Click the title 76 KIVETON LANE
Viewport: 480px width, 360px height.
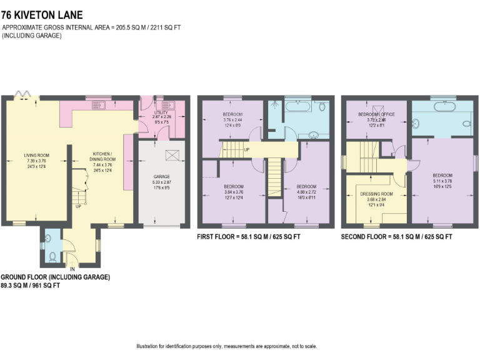tap(42, 14)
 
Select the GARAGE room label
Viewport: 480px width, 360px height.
tap(161, 177)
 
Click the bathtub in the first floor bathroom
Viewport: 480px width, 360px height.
tap(297, 107)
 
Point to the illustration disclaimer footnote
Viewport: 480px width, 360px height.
tap(239, 346)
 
